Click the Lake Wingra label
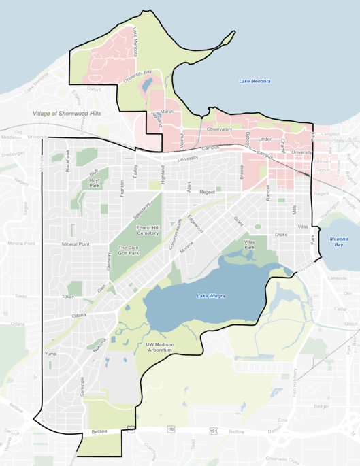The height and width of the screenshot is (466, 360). [x=210, y=295]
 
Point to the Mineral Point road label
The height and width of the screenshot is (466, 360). [x=76, y=244]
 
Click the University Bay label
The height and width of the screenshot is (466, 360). [x=135, y=80]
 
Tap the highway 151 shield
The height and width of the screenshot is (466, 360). [x=214, y=430]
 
